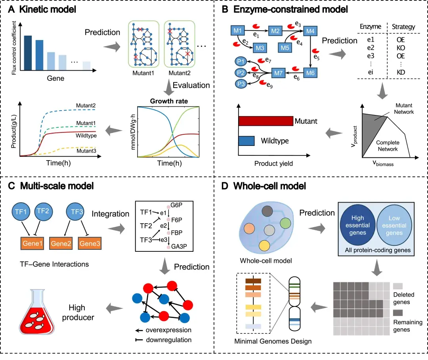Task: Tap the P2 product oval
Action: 239,73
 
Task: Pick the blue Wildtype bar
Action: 246,140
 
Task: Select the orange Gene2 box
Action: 61,241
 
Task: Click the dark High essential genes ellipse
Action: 355,226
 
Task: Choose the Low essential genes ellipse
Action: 394,226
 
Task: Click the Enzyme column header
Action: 370,27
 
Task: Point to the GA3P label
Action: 179,247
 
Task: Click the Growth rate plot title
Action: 169,101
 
